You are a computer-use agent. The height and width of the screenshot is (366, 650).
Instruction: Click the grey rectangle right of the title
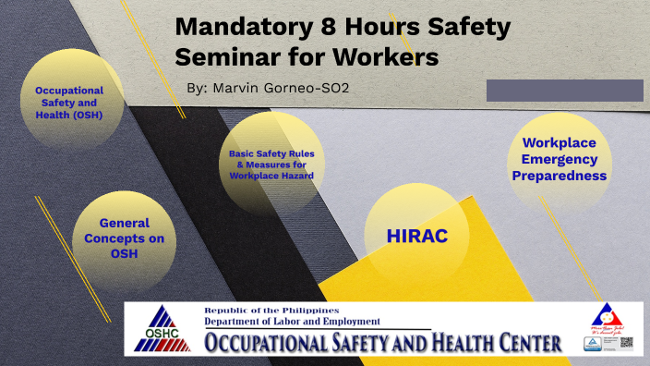click(x=564, y=91)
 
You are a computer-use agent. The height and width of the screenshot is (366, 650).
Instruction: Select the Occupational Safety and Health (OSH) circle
click(x=68, y=103)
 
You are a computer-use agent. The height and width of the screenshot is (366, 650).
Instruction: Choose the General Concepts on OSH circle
click(x=124, y=238)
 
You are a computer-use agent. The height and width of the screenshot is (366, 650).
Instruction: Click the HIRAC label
click(x=417, y=237)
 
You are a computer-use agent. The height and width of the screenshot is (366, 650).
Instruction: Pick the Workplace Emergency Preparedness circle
click(x=559, y=159)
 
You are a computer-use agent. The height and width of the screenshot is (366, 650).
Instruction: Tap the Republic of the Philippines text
click(x=271, y=310)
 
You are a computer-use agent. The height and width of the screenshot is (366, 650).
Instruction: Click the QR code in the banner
click(x=625, y=343)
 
